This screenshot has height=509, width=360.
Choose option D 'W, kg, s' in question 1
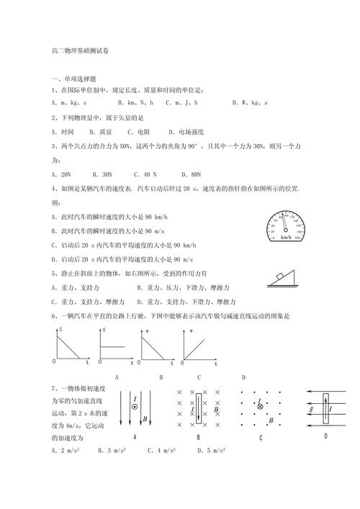pyautogui.click(x=249, y=104)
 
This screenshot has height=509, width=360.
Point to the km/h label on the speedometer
pyautogui.click(x=287, y=238)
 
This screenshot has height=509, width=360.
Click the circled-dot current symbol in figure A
pyautogui.click(x=135, y=408)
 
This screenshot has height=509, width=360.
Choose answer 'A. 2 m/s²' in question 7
pyautogui.click(x=69, y=451)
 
